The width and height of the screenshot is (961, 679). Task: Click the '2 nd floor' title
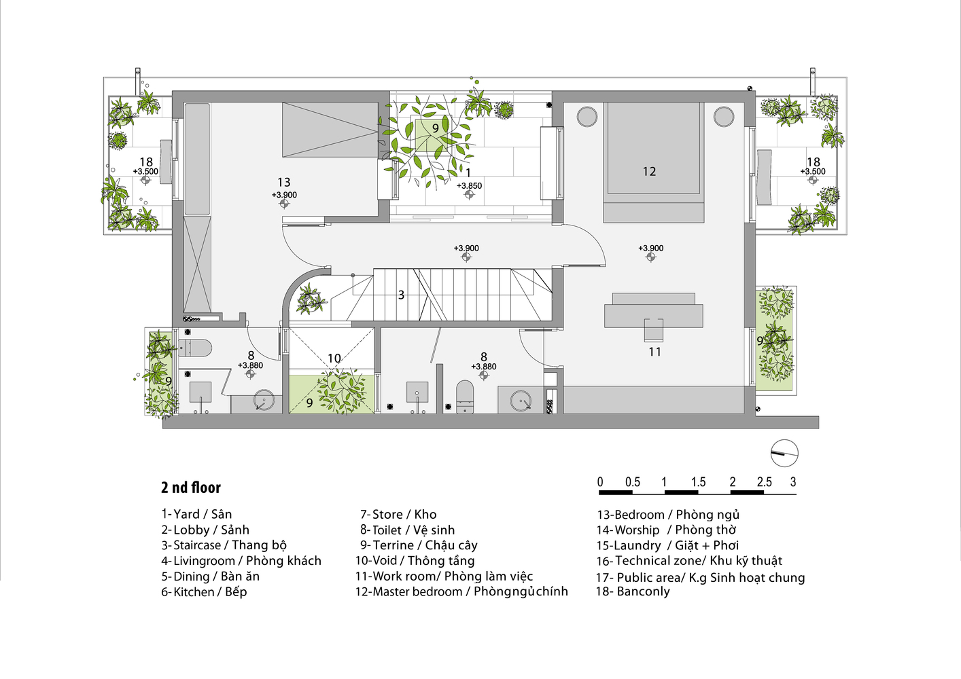(x=191, y=488)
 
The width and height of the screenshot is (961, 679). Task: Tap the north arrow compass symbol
(x=784, y=454)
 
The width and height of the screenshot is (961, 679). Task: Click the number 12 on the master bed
(x=649, y=172)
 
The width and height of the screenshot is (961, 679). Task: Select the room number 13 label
(x=283, y=182)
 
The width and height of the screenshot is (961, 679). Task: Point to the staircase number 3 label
(x=401, y=295)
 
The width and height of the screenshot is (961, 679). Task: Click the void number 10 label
(x=334, y=358)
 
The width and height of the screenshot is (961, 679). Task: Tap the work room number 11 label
(x=654, y=352)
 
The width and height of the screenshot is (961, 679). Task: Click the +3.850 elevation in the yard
(x=469, y=186)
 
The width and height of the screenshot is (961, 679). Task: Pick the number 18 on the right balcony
(x=813, y=162)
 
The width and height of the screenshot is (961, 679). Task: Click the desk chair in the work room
(x=654, y=329)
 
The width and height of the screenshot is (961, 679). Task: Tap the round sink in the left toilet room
(x=264, y=400)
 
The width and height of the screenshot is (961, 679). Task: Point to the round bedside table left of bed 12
(x=587, y=116)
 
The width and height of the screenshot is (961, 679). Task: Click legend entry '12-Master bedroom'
(x=461, y=591)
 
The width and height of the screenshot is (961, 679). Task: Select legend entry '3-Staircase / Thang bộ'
(x=224, y=545)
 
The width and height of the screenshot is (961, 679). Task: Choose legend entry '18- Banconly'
(x=633, y=591)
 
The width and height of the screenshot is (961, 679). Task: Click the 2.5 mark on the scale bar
(x=764, y=482)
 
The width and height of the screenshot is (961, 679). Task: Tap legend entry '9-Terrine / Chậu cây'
(x=419, y=545)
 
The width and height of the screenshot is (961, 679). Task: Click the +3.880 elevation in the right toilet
(x=484, y=367)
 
